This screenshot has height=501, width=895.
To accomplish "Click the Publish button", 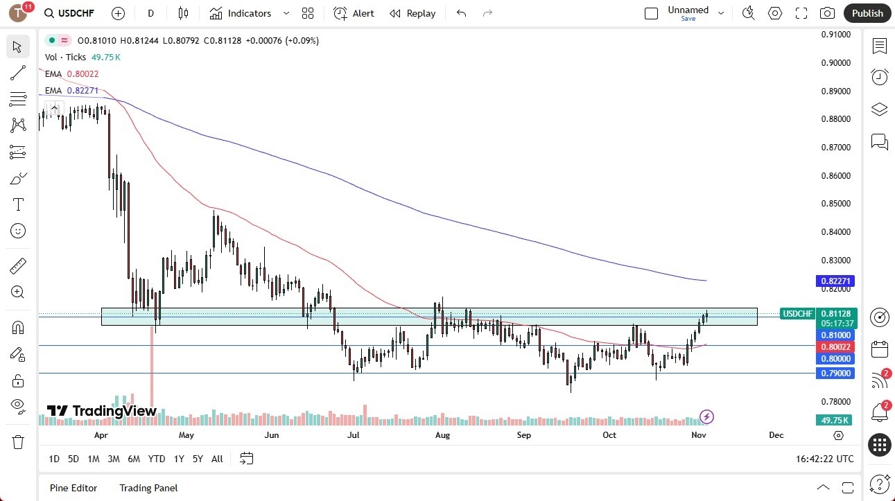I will [x=867, y=13].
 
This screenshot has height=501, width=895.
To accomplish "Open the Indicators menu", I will [x=249, y=13].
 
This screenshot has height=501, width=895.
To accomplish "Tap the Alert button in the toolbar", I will [x=354, y=13].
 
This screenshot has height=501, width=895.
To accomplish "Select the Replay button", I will [x=412, y=13].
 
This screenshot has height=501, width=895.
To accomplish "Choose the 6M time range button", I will [x=134, y=459].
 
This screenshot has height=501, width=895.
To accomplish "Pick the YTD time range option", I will [x=157, y=459].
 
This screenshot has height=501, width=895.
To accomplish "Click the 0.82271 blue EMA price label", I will [x=835, y=281].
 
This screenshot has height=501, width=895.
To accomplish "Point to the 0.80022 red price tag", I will [x=835, y=346].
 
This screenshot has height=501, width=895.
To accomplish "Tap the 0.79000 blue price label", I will [x=835, y=373].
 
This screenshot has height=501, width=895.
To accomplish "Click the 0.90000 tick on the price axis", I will [x=835, y=63].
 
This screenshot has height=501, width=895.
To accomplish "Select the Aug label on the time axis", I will [x=442, y=435].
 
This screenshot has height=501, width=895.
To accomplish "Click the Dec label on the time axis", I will [x=776, y=435].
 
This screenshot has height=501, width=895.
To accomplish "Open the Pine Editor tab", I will [x=73, y=488].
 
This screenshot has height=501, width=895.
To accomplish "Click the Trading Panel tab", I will [x=148, y=488].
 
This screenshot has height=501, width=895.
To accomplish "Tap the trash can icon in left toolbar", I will [x=18, y=442].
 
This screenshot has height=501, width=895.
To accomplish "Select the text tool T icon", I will [x=18, y=204].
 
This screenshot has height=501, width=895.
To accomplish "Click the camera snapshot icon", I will [x=827, y=13].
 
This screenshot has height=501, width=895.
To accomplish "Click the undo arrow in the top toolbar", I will [x=462, y=13].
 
